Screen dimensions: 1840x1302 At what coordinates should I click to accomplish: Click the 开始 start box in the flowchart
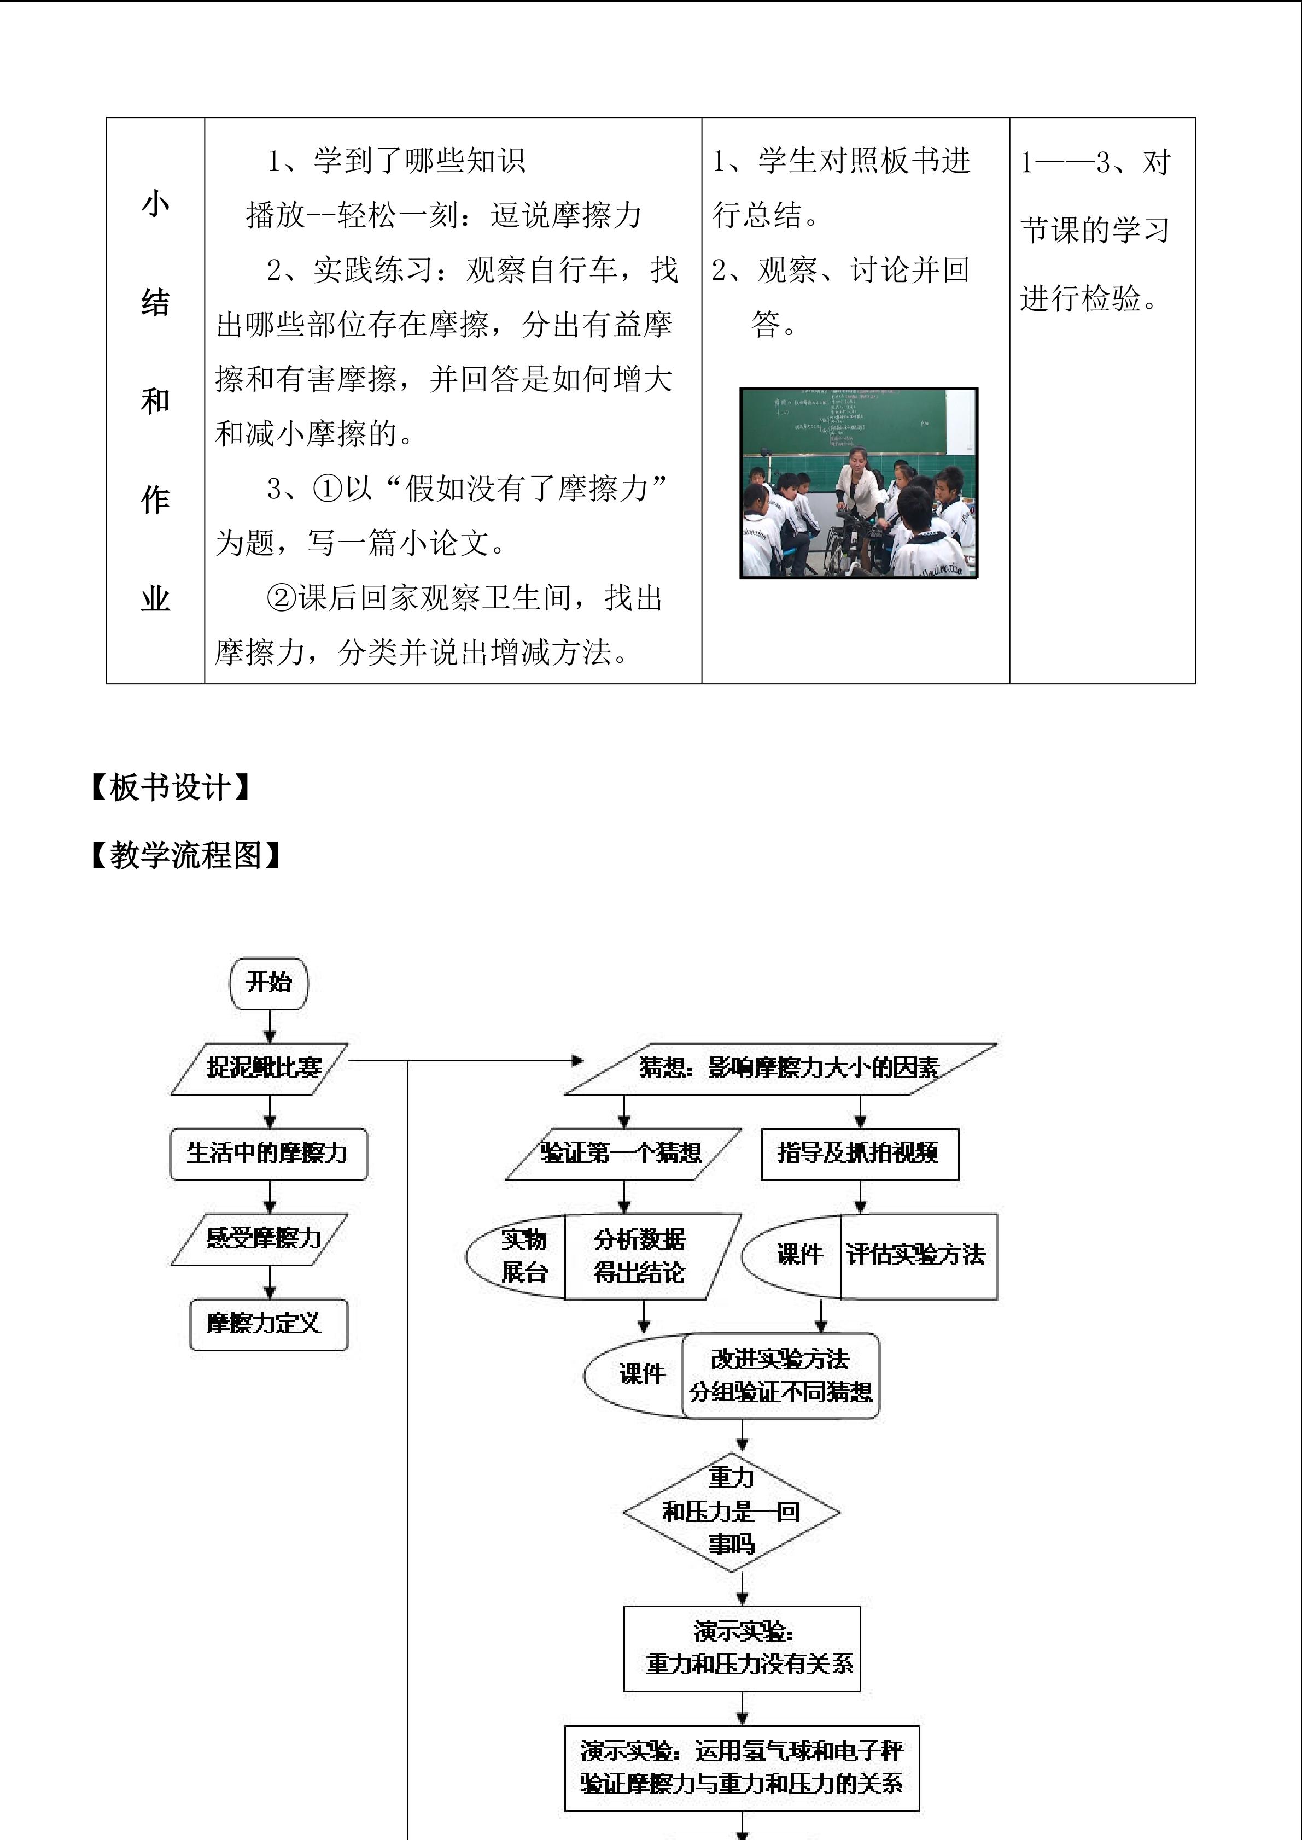(268, 983)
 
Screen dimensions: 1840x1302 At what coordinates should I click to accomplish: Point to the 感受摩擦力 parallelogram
(260, 1239)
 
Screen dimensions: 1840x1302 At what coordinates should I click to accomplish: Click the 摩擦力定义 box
(268, 1324)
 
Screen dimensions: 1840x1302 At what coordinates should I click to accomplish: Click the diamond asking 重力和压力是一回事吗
(731, 1512)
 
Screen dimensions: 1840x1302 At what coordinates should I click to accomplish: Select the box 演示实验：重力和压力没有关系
(742, 1649)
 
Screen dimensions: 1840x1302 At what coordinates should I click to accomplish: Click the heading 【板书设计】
(171, 789)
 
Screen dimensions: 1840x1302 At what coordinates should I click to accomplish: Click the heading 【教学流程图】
(186, 856)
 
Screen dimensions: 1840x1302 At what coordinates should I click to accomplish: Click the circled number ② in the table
(282, 598)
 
